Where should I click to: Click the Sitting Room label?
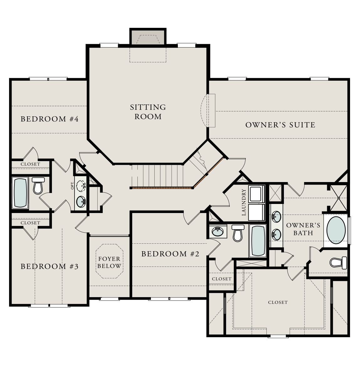pos(148,112)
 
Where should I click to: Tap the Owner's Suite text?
pos(280,125)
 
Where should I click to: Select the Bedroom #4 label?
pos(49,119)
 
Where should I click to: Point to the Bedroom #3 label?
pos(49,267)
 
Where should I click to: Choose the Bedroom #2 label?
pos(170,254)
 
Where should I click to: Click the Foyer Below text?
pos(109,263)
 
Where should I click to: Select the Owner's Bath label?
pos(303,229)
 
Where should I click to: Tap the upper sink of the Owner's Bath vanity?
pos(276,216)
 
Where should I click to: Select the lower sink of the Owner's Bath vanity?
pos(276,234)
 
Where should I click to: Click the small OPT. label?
pos(72,185)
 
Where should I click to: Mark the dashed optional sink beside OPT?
pos(82,186)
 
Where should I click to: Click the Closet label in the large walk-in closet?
pos(278,302)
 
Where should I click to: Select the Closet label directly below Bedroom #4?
pos(30,164)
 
